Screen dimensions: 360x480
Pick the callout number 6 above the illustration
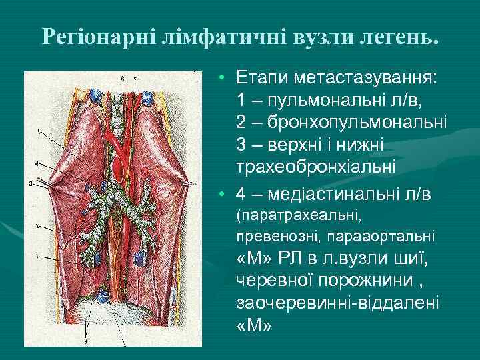click(123, 79)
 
